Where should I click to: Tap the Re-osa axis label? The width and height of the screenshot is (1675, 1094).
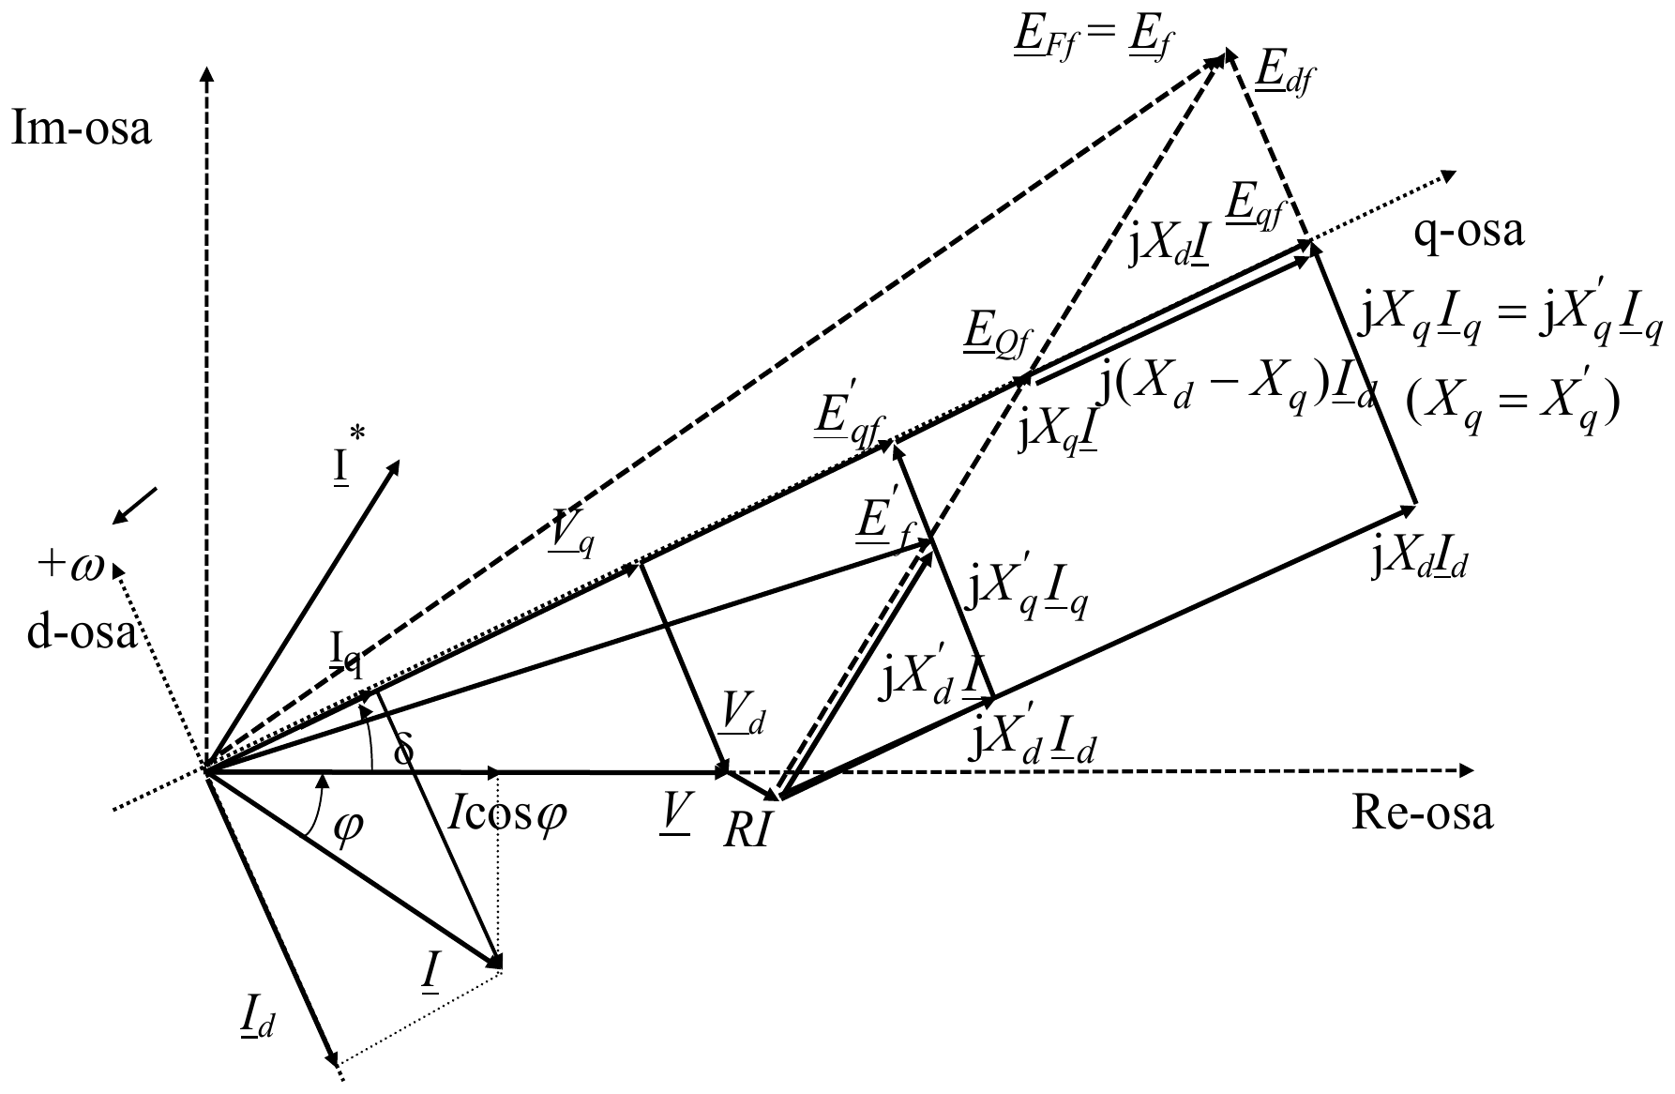[x=1422, y=814]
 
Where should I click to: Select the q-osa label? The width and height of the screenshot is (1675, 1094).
[x=1469, y=233]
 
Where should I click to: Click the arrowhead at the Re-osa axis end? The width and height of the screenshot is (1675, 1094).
[x=1463, y=771]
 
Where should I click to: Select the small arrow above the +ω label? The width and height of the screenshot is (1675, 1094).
[x=134, y=507]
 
